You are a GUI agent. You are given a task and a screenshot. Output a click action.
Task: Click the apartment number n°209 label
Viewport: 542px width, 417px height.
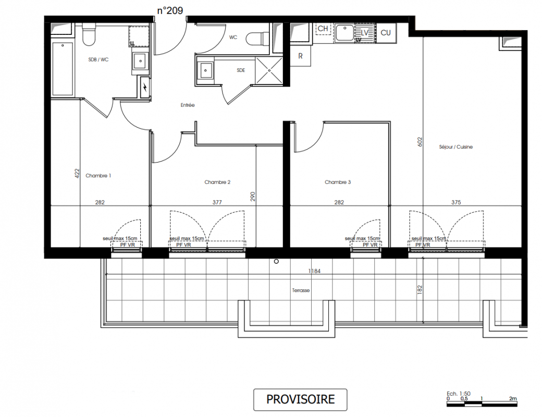170,11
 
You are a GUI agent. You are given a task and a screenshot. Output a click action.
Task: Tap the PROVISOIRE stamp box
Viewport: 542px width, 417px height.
300,399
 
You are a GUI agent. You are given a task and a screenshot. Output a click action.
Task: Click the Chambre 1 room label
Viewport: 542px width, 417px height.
98,176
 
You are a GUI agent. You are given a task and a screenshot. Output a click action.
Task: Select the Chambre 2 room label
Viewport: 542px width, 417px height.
217,182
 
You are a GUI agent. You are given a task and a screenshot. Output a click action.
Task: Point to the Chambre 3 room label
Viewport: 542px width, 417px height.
338,182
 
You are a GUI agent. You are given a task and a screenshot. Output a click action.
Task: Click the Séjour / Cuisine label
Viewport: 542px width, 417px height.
456,147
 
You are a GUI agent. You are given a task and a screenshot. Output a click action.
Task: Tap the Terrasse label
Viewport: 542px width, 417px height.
301,290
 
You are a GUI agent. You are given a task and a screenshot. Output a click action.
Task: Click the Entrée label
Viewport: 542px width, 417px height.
188,105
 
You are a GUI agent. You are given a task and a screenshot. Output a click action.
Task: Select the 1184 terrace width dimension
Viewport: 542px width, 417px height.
315,271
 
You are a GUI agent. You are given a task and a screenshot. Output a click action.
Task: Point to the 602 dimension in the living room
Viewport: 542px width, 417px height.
420,142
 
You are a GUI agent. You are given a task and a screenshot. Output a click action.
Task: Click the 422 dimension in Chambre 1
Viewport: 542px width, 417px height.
77,173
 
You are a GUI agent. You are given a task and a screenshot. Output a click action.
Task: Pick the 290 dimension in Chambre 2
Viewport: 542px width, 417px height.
253,197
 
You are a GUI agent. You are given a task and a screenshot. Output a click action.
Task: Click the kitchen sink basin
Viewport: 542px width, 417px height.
344,33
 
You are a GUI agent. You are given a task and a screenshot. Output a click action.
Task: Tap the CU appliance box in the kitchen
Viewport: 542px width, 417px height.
386,33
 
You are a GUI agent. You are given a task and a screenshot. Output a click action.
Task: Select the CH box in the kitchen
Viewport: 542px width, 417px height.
323,29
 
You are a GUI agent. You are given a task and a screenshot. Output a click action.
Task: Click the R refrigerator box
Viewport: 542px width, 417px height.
300,56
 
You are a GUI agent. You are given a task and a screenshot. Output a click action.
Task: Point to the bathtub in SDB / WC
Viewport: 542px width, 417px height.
63,69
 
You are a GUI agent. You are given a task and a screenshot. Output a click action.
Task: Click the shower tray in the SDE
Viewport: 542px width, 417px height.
269,70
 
